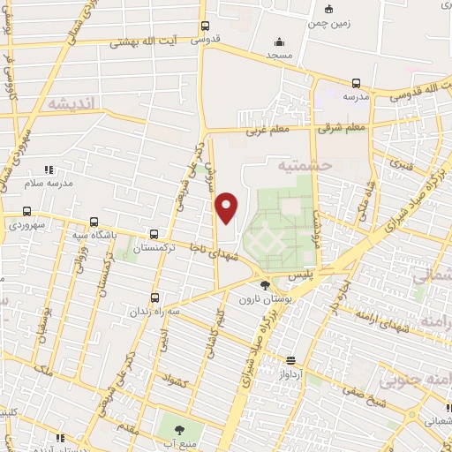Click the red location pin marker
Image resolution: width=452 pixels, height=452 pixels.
(228, 207)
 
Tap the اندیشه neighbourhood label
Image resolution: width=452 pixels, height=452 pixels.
(75, 104)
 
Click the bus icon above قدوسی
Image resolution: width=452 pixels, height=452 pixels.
(206, 26)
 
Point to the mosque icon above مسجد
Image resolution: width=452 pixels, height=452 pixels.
(279, 41)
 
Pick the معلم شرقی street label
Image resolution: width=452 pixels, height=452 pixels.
(338, 129)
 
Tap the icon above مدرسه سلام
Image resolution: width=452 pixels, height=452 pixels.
(49, 168)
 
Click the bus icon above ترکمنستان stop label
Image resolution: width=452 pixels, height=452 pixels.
(155, 235)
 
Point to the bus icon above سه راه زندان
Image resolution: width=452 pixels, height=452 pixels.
(155, 298)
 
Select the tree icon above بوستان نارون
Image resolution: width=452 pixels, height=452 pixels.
(266, 284)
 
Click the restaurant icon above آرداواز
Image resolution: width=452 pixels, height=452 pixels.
(290, 359)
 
